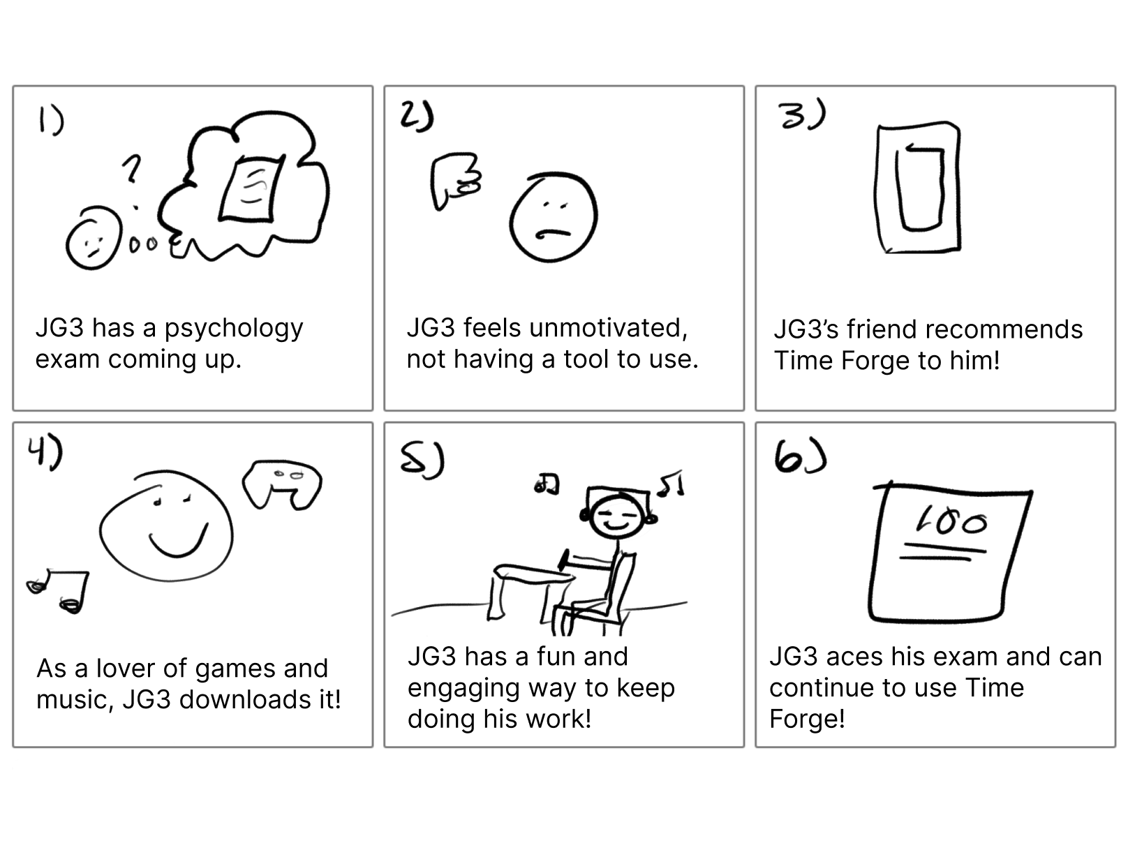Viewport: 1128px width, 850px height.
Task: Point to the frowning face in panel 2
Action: pyautogui.click(x=553, y=217)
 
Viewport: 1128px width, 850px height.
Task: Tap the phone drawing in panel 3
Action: pyautogui.click(x=918, y=188)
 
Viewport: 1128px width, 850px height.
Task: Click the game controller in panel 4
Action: pyautogui.click(x=282, y=484)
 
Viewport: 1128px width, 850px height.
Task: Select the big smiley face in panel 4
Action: pyautogui.click(x=166, y=525)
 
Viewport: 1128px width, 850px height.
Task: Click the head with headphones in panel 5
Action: pyautogui.click(x=616, y=515)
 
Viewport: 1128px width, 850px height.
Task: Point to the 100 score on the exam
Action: pyautogui.click(x=951, y=521)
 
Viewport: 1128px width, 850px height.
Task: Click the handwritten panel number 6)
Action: pyautogui.click(x=799, y=459)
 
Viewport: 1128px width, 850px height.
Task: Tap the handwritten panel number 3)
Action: pyautogui.click(x=802, y=115)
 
